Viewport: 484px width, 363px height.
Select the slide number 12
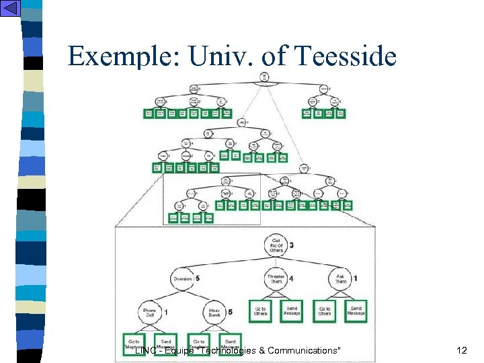461,350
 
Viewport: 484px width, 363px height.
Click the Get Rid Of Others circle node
276,245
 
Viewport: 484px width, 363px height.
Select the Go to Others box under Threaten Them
260,311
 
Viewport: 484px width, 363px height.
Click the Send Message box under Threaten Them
291,311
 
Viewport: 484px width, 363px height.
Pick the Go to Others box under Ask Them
325,311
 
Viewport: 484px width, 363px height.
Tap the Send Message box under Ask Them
356,311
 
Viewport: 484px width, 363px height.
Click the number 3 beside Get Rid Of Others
291,245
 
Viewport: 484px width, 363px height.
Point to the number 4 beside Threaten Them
291,280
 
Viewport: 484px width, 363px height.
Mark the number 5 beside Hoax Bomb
230,312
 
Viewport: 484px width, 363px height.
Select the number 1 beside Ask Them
356,278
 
